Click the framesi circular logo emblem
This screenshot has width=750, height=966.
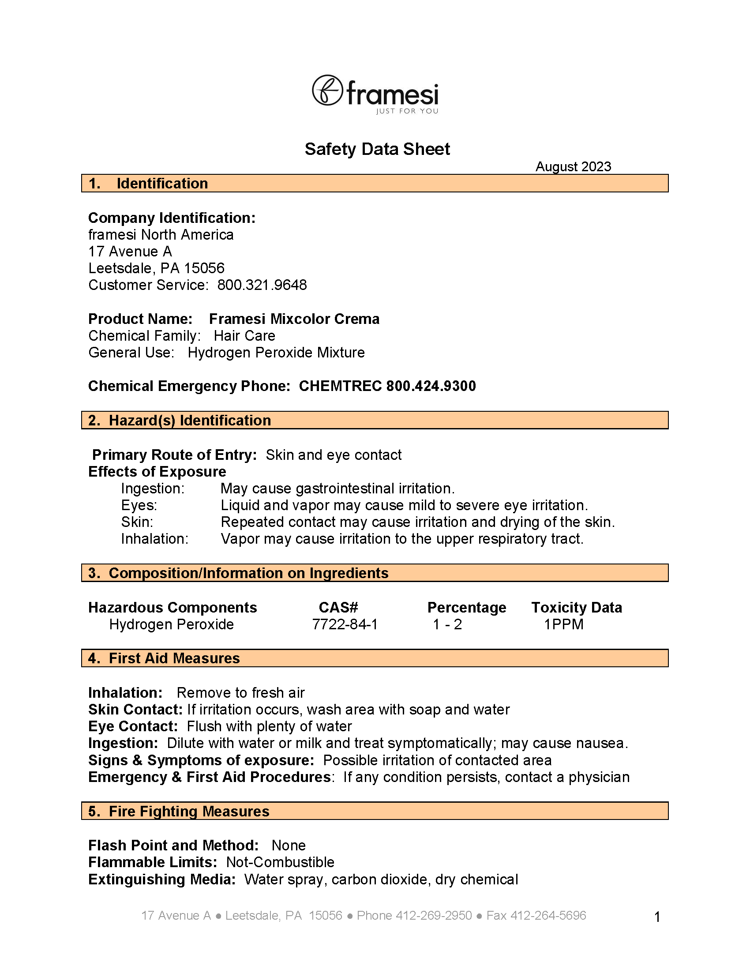[x=327, y=90]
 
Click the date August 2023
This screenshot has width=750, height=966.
[x=573, y=166]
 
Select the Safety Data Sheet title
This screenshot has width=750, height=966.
[x=377, y=149]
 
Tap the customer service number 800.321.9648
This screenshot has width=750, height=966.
[x=262, y=285]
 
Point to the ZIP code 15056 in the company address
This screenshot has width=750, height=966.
[x=204, y=268]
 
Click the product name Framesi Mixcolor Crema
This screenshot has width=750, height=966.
[x=294, y=319]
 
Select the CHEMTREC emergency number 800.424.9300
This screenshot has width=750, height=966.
[x=431, y=386]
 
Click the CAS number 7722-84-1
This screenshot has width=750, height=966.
[x=345, y=624]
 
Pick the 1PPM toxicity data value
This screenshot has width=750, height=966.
[x=564, y=624]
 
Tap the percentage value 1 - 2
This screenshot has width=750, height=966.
[x=447, y=624]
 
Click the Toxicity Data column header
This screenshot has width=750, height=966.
[x=577, y=607]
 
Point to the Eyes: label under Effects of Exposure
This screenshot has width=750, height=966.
[x=139, y=505]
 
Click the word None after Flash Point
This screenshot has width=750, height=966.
[x=289, y=845]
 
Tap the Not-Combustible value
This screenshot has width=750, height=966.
[x=280, y=862]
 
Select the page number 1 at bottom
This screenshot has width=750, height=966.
[x=657, y=917]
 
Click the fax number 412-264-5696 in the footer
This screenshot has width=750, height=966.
[x=548, y=915]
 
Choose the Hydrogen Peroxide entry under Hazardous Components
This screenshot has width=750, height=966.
[x=172, y=624]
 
